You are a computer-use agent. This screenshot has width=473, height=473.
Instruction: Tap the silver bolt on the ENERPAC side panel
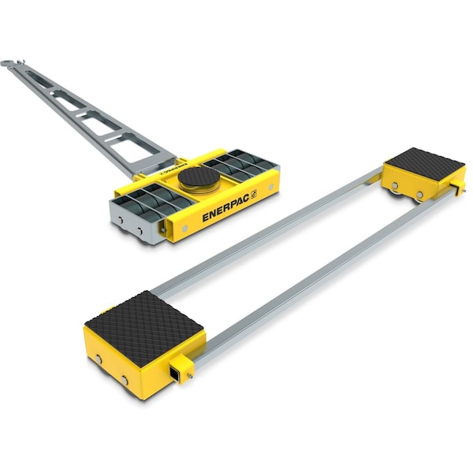[184, 228]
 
